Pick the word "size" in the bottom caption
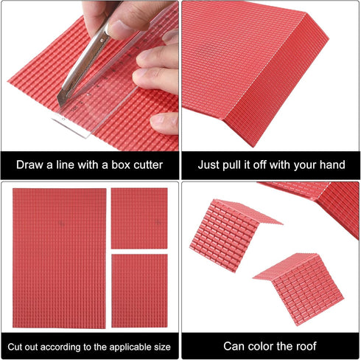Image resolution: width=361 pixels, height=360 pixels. click(162, 347)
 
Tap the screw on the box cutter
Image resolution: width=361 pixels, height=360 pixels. click(102, 40)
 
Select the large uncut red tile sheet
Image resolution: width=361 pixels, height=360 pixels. click(60, 258)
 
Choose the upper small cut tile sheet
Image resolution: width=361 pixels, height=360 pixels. click(139, 218)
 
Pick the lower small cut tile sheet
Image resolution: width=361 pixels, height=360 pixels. click(139, 291)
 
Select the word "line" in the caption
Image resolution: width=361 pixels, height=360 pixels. click(65, 165)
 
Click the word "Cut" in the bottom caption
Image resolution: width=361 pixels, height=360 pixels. click(15, 347)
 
